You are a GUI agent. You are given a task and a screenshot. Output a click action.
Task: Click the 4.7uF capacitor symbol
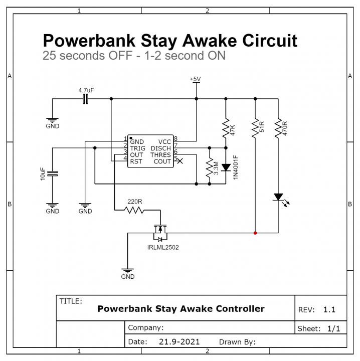pyautogui.click(x=85, y=99)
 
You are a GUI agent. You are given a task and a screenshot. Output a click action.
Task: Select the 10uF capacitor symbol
pyautogui.click(x=52, y=173)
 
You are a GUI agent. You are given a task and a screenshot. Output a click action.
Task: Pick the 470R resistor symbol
pyautogui.click(x=277, y=128)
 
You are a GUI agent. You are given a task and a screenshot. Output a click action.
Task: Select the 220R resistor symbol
pyautogui.click(x=135, y=211)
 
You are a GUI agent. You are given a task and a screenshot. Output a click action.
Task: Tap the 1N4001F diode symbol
pyautogui.click(x=226, y=167)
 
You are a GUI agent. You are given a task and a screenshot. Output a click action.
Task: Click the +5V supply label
pyautogui.click(x=196, y=79)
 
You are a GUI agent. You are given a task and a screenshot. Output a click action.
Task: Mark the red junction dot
pyautogui.click(x=255, y=233)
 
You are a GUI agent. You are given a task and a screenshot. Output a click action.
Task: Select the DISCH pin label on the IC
pyautogui.click(x=160, y=148)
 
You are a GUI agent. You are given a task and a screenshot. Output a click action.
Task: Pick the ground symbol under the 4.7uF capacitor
pyautogui.click(x=52, y=120)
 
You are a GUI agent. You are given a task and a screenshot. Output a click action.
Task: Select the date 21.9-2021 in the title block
pyautogui.click(x=179, y=342)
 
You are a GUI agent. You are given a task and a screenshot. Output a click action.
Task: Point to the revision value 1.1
pyautogui.click(x=329, y=310)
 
